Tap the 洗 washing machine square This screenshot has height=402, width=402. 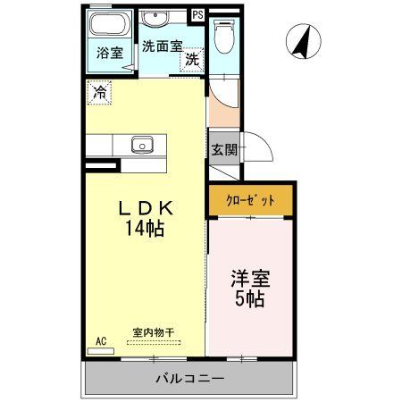(192, 60)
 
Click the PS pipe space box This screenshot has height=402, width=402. (197, 13)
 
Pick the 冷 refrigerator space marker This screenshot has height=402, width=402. (100, 91)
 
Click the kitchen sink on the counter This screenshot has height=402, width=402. (141, 144)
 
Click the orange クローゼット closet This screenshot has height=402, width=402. (250, 199)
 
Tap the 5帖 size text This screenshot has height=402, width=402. (250, 299)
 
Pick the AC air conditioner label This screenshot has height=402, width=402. (100, 340)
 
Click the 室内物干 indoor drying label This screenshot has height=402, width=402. (153, 332)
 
